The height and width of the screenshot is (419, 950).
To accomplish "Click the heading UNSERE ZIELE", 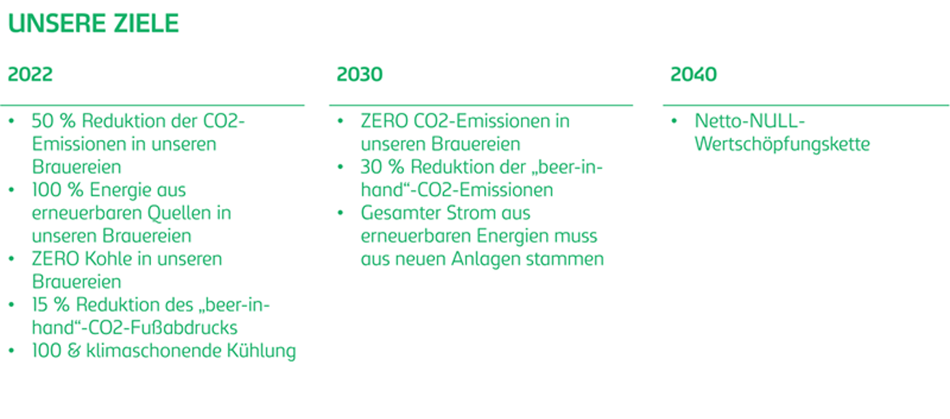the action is point(94,23).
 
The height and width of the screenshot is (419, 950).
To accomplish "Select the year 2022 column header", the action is point(30,75).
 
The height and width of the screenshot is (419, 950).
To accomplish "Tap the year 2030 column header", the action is point(359,75).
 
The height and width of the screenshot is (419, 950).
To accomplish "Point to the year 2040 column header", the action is point(694,75).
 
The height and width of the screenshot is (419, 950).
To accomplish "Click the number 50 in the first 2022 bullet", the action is point(42,121).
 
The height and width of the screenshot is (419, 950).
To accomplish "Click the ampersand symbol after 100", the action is point(74,351).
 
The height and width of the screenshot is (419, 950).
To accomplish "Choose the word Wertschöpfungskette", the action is point(782,144).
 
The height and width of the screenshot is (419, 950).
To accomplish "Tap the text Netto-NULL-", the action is point(749,121).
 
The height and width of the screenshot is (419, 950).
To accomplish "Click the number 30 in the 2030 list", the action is point(372,167).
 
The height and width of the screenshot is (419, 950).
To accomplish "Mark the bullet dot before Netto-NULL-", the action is point(675,121).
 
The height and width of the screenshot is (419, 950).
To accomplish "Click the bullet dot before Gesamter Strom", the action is point(340,213).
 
